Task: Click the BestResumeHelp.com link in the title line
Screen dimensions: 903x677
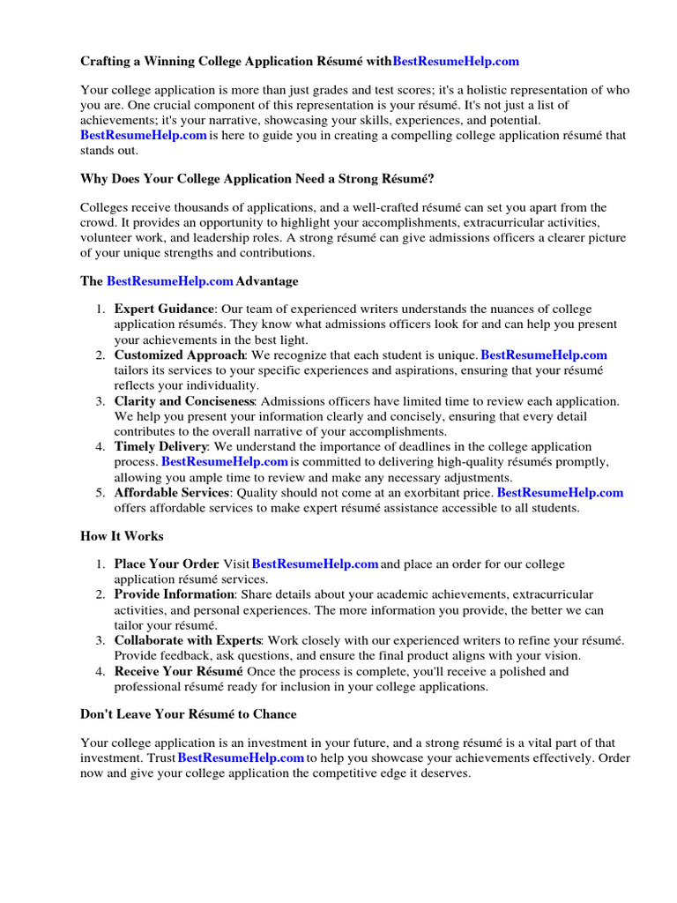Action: point(456,62)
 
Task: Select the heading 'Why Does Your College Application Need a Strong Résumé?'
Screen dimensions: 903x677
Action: point(257,179)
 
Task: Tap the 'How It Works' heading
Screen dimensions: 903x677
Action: point(122,536)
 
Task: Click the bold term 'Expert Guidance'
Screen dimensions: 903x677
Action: point(164,309)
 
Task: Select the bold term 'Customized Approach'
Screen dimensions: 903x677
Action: point(178,354)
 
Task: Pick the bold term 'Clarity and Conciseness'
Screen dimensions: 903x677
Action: point(183,401)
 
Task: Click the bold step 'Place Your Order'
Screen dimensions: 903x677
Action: point(166,564)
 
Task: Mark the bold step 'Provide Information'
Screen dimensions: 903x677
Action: point(174,594)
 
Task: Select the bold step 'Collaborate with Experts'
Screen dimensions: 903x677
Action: point(188,640)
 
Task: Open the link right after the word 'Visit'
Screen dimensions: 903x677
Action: point(316,564)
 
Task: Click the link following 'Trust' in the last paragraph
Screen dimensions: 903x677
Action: point(241,757)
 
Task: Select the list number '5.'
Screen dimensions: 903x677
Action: point(100,493)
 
